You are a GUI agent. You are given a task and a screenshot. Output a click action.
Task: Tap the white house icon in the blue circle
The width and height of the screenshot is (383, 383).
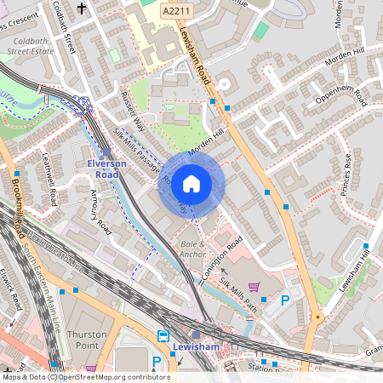point(191,183)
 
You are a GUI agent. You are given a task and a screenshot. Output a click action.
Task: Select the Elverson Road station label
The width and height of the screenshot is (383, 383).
point(106,168)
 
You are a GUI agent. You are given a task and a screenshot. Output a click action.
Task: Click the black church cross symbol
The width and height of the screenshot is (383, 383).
point(82,9)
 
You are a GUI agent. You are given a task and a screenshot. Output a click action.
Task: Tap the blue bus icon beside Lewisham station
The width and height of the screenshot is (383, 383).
point(163,336)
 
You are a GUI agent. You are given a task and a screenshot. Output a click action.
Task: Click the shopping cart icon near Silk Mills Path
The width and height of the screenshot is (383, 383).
point(253,287)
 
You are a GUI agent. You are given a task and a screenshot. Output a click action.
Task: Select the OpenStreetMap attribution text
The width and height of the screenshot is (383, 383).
point(74,377)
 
